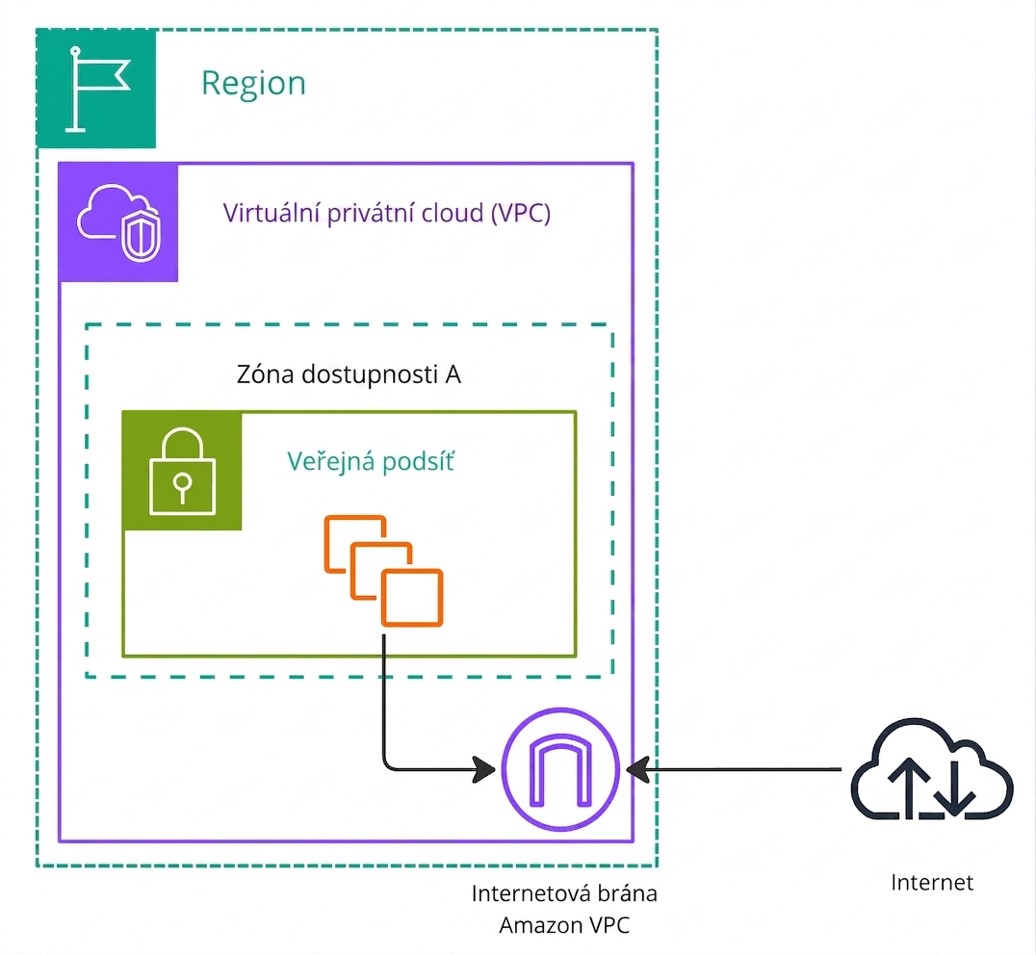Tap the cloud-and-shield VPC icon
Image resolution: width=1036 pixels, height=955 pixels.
(x=119, y=223)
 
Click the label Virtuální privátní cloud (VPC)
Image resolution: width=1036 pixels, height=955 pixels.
(x=386, y=214)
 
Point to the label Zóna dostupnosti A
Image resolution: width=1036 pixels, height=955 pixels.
(x=349, y=374)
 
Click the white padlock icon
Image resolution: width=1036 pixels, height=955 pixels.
(x=183, y=471)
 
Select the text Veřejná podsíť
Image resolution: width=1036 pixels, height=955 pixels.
(x=371, y=461)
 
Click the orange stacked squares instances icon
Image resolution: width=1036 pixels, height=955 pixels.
(x=384, y=571)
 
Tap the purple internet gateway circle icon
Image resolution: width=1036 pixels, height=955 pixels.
(x=560, y=769)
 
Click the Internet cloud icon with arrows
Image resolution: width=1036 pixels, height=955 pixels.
(x=932, y=769)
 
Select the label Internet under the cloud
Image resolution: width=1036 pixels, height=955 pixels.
(x=932, y=883)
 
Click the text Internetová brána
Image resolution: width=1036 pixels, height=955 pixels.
(x=564, y=893)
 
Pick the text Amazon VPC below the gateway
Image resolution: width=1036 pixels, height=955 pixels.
(x=564, y=925)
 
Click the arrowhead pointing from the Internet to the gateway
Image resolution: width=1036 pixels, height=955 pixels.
(x=637, y=769)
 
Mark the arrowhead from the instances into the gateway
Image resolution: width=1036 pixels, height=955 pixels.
(x=484, y=769)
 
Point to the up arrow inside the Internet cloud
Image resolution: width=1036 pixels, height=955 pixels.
(x=910, y=786)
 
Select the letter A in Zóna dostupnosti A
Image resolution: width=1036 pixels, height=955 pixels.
(x=453, y=375)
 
